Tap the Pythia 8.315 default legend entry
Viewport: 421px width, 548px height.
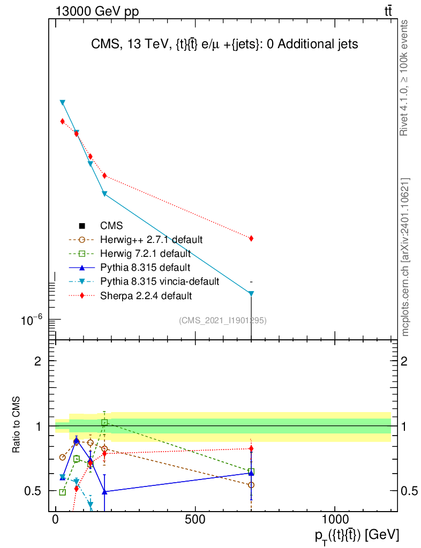coord(145,268)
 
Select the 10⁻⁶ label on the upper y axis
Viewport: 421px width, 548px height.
coord(32,320)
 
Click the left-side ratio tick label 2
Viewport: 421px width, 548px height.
coord(38,361)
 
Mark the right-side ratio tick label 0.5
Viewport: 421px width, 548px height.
coord(409,491)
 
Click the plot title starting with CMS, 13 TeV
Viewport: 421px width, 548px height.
coord(223,44)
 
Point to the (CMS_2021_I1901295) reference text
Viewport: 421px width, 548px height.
coord(223,321)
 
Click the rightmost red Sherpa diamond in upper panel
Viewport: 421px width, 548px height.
coord(251,238)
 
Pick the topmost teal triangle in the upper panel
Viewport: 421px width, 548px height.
coord(63,102)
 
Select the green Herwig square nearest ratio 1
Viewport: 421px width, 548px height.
coord(105,422)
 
